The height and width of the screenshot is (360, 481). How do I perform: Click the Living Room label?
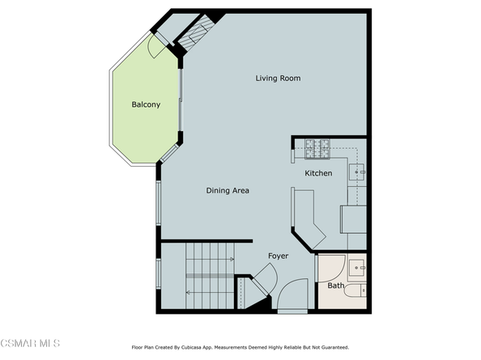pos(278,78)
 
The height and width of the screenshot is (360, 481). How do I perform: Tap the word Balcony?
pos(146,104)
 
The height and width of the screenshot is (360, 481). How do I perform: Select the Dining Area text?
pos(227,191)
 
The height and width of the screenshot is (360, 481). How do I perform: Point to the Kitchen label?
pos(318,174)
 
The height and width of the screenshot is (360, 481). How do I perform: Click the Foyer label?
pos(279,256)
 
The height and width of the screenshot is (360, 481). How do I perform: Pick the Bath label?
pos(335,286)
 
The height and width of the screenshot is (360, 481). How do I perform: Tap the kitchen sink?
pos(358,172)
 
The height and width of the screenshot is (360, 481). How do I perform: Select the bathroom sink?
pos(357,266)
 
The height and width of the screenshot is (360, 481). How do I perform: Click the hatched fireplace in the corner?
pos(195,35)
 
